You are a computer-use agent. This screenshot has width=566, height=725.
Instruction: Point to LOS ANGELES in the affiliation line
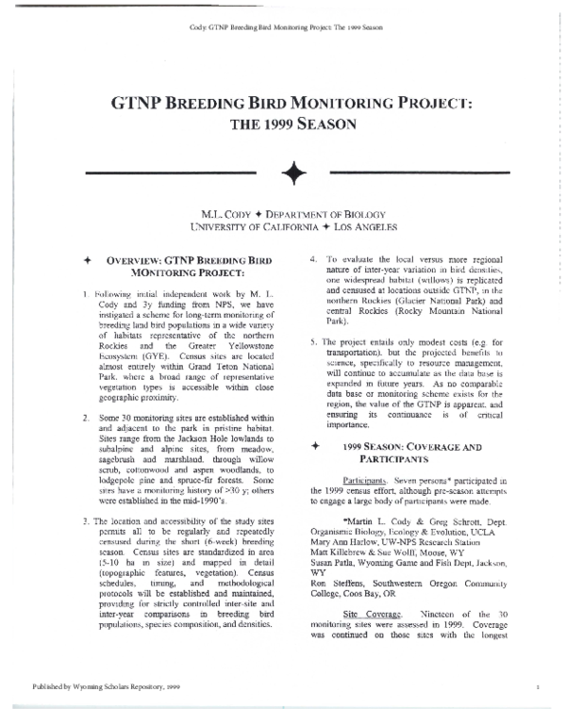(x=361, y=226)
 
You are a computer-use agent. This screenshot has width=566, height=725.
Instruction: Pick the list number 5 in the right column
(x=313, y=340)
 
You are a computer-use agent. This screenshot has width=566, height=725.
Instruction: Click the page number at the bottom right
(x=536, y=689)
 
